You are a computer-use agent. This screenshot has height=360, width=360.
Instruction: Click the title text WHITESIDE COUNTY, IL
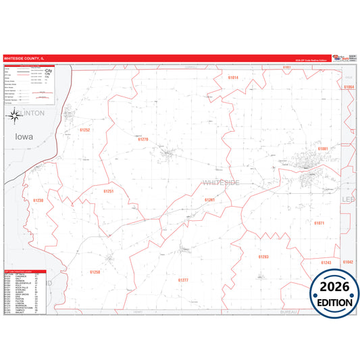pos(28,59)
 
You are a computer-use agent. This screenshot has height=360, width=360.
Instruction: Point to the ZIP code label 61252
pos(84,129)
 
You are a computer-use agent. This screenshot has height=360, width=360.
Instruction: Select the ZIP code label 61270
pos(143,139)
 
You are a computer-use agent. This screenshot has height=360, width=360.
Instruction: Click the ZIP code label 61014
pos(233,78)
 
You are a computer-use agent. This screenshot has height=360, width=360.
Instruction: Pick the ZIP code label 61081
pos(323,148)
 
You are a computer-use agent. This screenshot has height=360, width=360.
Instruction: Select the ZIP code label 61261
pos(210,200)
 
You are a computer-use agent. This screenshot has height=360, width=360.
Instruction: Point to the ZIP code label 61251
pos(109,191)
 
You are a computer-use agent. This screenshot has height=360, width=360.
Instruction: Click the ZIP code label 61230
pos(38,200)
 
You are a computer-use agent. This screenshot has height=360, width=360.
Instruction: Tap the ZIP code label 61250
pos(95,272)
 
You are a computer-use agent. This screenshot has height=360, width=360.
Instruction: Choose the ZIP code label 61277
pos(183,279)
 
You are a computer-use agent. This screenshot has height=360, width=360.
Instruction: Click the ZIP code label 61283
pos(263,257)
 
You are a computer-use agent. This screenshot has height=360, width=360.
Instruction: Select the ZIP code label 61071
pos(319,222)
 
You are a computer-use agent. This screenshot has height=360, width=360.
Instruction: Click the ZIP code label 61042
pos(348,261)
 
